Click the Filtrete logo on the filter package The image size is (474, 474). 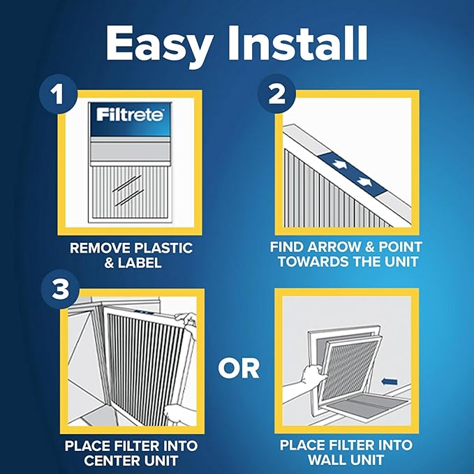pos(131,114)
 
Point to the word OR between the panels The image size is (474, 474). pos(239,367)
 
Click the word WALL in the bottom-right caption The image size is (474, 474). pos(327,460)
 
